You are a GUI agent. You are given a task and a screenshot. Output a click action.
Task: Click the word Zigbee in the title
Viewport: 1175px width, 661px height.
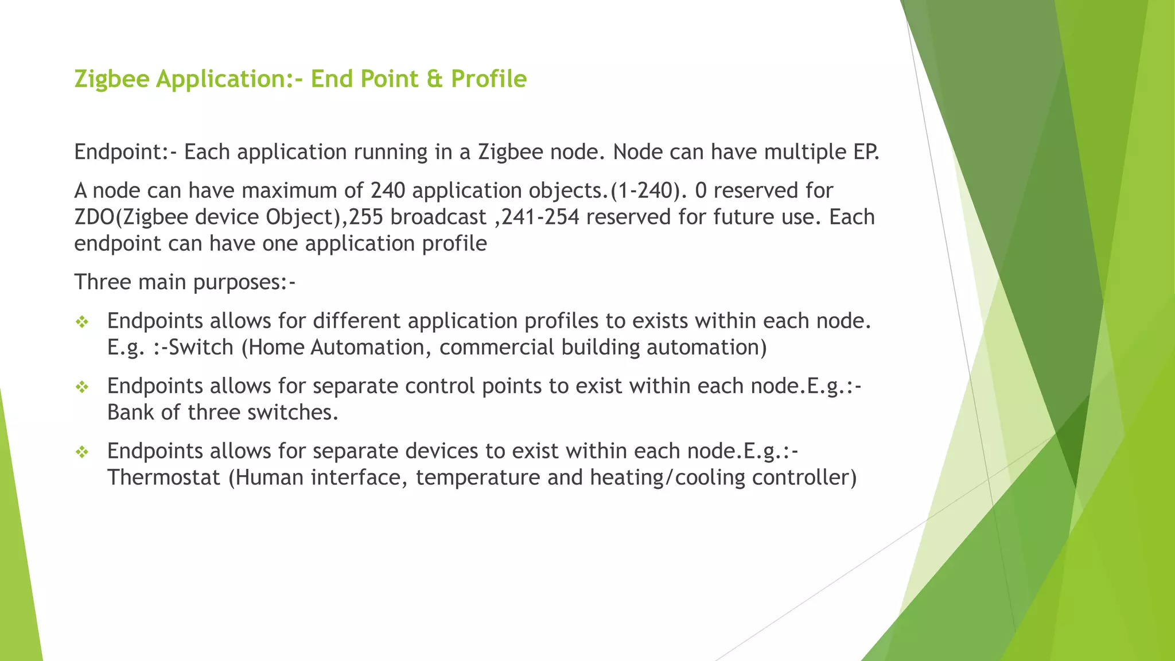(111, 79)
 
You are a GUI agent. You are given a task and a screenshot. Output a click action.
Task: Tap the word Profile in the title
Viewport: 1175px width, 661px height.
(488, 79)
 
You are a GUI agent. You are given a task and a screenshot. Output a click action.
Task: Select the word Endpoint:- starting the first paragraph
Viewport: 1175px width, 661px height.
(126, 153)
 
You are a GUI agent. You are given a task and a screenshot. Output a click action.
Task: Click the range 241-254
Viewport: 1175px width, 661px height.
(540, 217)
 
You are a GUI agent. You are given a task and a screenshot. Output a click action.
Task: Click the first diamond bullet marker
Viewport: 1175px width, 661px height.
(82, 322)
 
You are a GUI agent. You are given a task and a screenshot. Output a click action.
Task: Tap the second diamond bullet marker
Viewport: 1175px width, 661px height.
(82, 387)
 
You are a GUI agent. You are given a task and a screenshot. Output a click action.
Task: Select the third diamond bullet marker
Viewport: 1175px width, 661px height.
(82, 453)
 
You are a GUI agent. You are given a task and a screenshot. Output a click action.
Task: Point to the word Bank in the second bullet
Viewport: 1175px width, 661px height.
(130, 413)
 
